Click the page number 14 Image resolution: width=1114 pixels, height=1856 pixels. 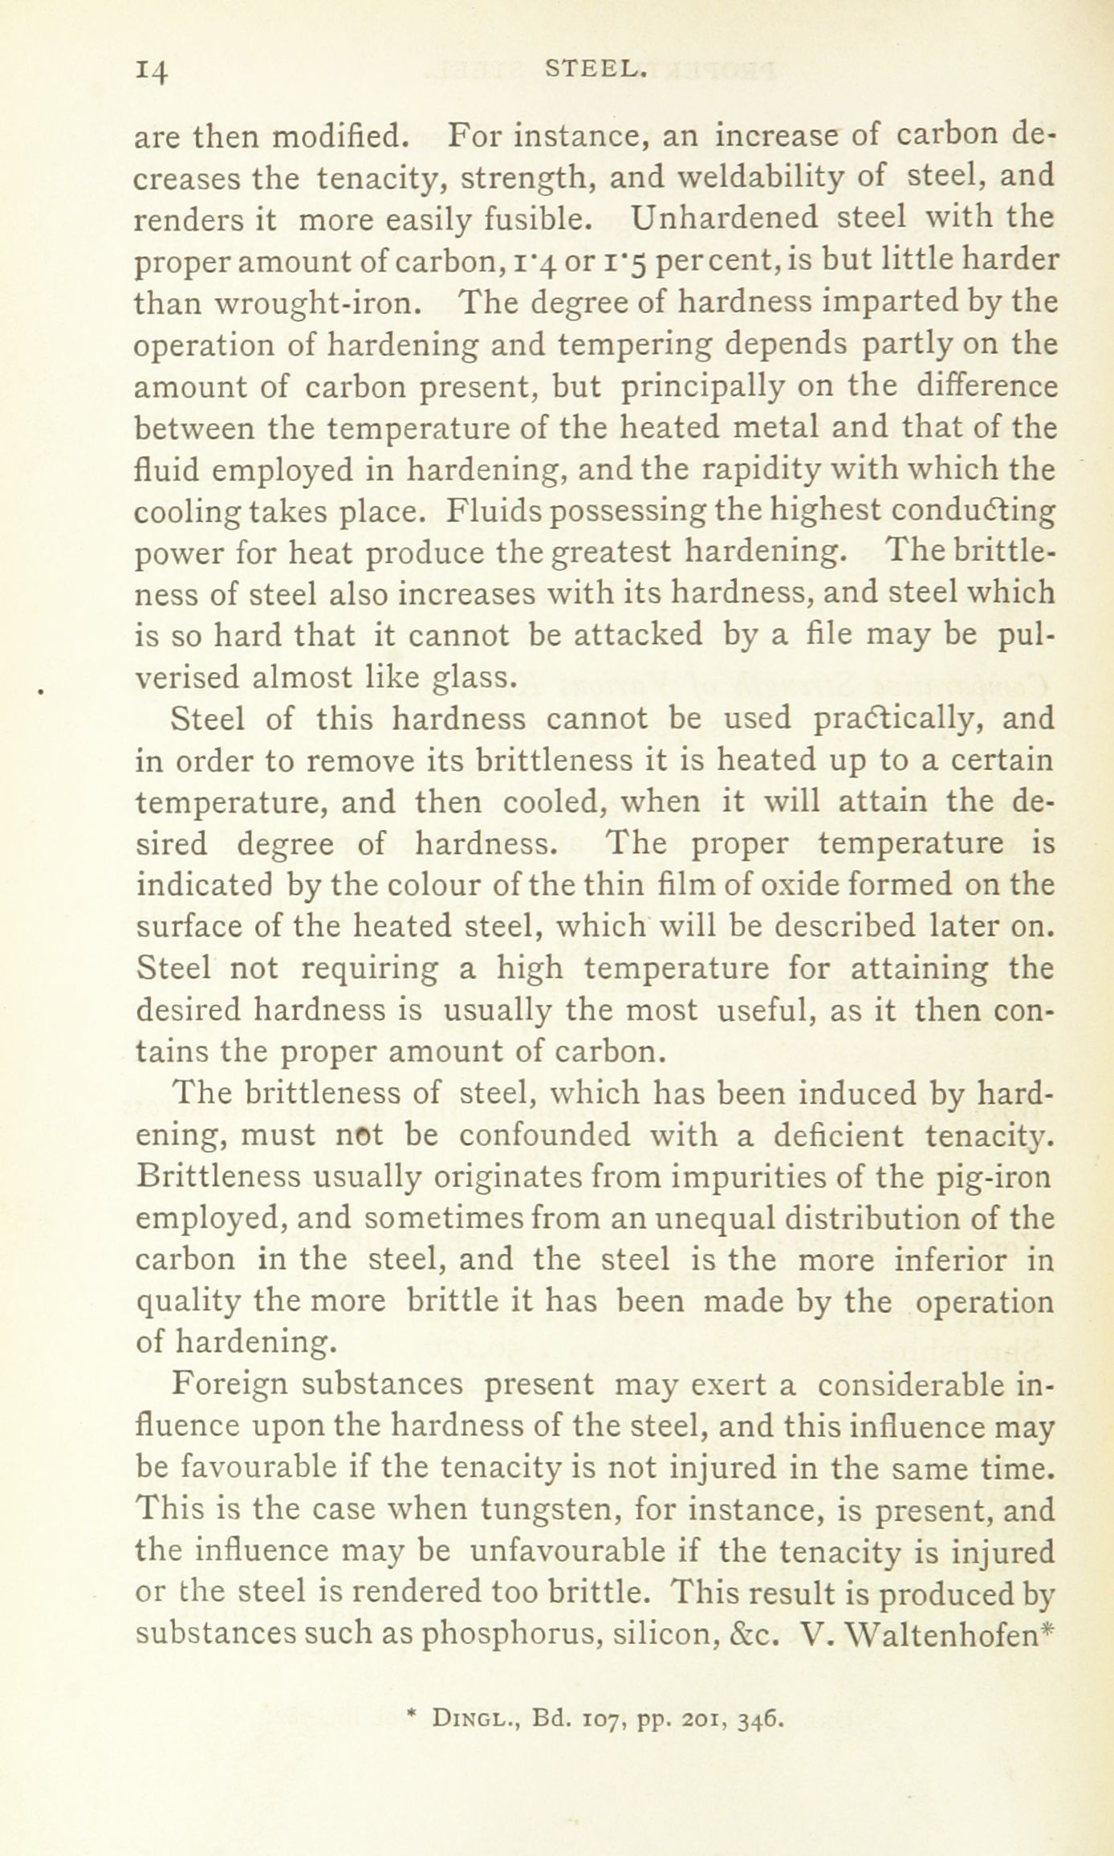(152, 71)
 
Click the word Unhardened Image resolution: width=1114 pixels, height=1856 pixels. (724, 218)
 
